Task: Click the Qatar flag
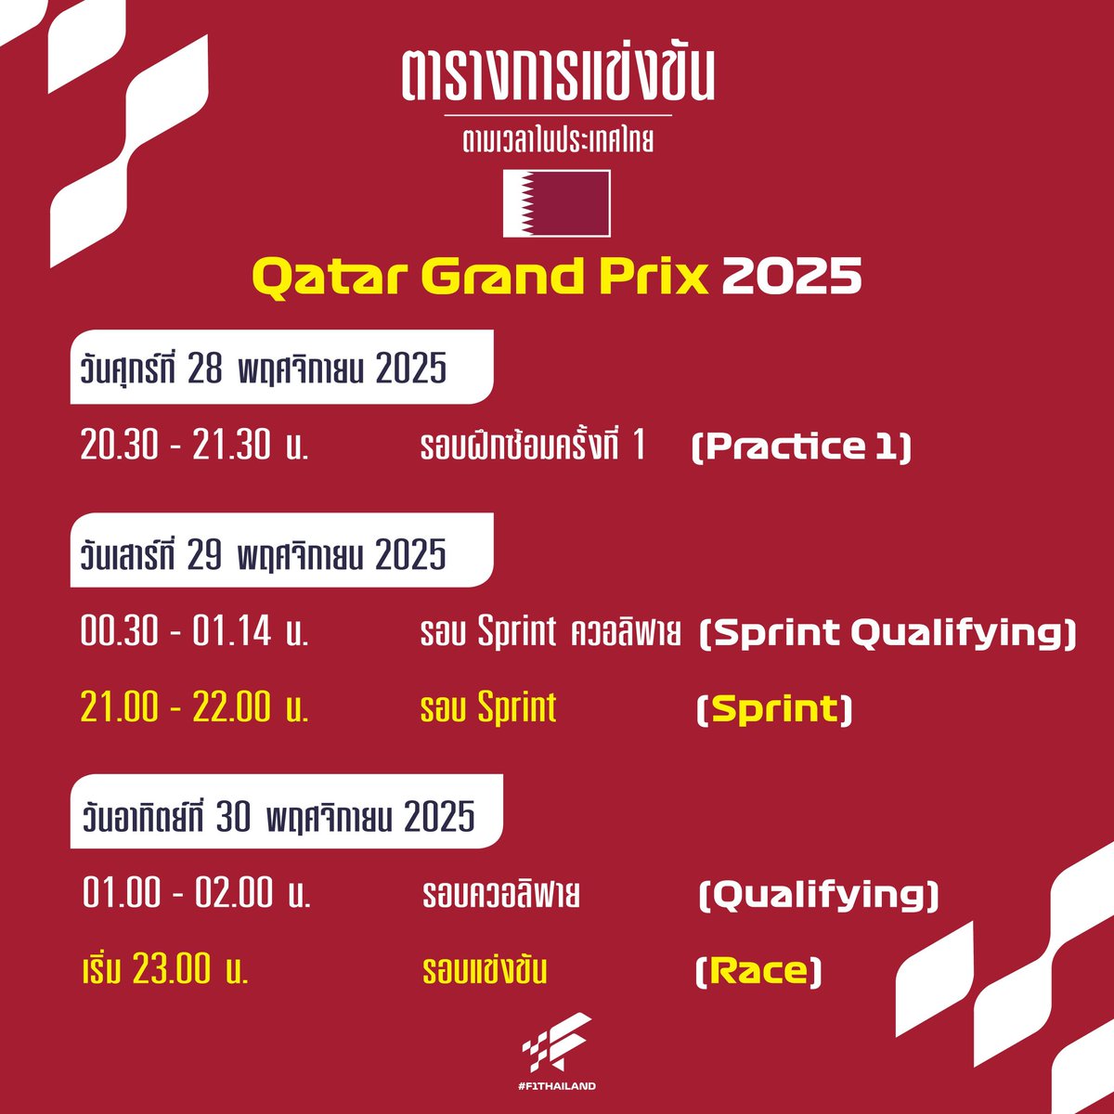pos(556,203)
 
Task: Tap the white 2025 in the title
pos(791,276)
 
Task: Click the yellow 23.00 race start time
pos(165,971)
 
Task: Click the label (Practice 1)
pos(801,447)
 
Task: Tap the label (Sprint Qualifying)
pos(887,633)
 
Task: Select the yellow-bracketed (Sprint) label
pos(773,710)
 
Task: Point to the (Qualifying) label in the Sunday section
pos(818,895)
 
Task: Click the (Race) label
pos(758,972)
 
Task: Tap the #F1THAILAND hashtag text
pos(558,1085)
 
